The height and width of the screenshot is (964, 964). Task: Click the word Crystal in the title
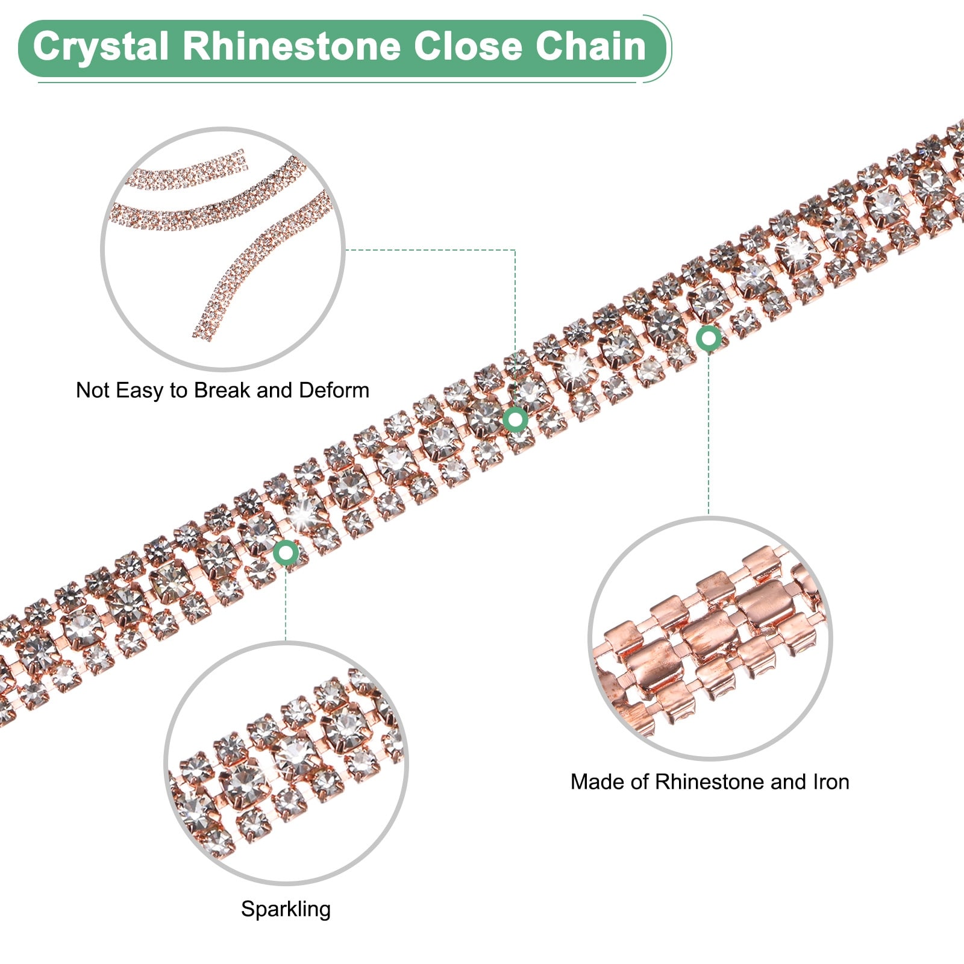[x=100, y=47]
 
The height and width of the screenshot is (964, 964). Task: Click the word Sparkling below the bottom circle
[x=286, y=909]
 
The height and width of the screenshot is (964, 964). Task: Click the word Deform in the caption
[x=334, y=390]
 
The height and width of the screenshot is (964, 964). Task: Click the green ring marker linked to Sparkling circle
[x=286, y=552]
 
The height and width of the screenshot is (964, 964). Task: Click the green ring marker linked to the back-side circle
[x=709, y=339]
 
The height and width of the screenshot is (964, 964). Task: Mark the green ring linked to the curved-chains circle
[x=516, y=419]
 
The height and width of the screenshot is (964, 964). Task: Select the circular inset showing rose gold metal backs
[x=710, y=639]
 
